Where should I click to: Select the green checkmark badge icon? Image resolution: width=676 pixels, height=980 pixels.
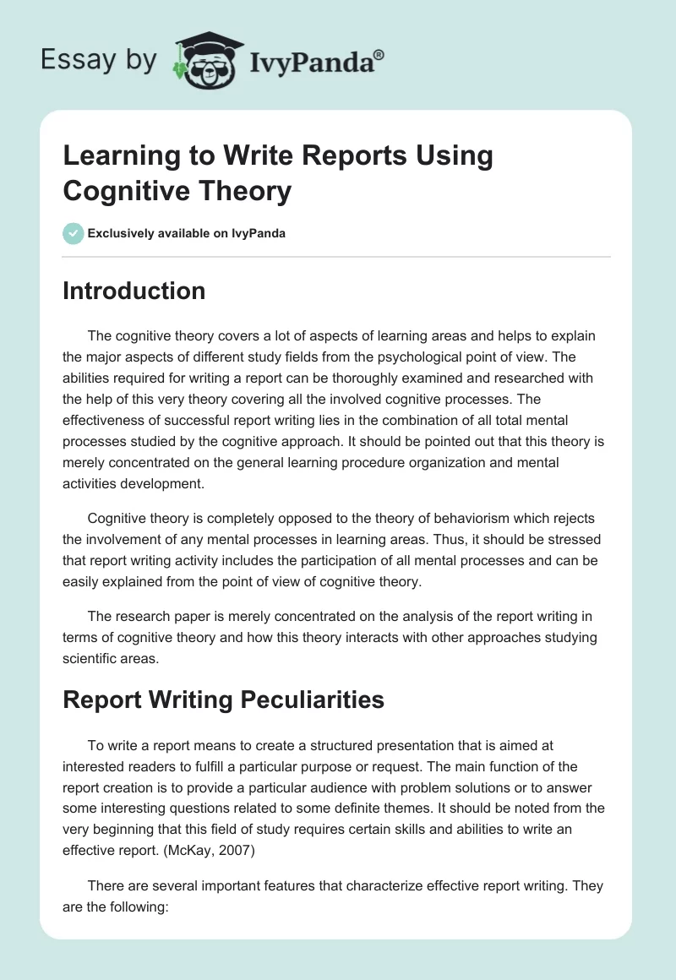[x=73, y=233]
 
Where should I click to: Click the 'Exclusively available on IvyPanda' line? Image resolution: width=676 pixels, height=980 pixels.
[x=186, y=233]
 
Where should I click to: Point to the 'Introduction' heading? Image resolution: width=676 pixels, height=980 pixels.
[x=134, y=291]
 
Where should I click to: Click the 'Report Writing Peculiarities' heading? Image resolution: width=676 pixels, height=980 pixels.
[x=223, y=699]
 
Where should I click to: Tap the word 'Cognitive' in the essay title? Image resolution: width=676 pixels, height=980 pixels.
[x=125, y=191]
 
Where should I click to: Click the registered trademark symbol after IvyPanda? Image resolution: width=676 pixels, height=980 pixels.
[x=379, y=55]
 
